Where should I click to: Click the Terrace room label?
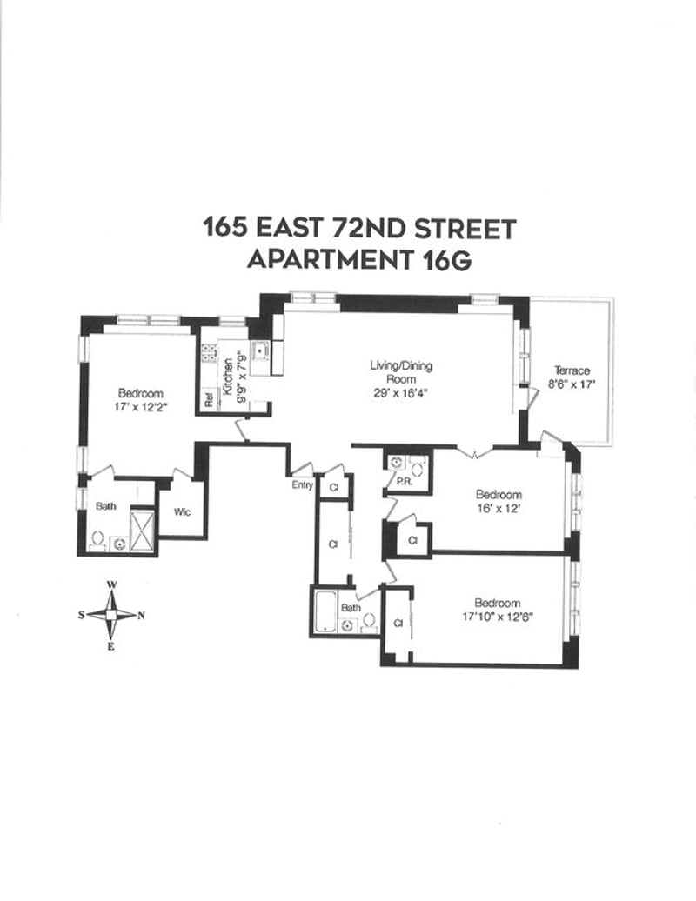(x=572, y=370)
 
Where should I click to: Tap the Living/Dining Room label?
(x=400, y=371)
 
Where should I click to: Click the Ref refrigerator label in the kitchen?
(x=208, y=399)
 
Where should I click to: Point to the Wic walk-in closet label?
(x=182, y=512)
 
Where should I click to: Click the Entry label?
(x=302, y=484)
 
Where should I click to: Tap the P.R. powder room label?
(x=404, y=482)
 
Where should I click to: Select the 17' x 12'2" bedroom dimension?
(x=140, y=406)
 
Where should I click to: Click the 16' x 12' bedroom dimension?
(x=499, y=508)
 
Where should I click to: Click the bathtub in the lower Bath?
(x=324, y=611)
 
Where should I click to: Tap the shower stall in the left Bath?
(x=142, y=530)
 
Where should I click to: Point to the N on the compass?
(x=141, y=616)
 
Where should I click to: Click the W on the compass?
(x=112, y=584)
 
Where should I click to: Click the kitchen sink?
(x=260, y=350)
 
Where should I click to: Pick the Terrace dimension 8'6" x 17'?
(x=572, y=384)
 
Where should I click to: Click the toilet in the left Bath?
(x=97, y=540)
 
